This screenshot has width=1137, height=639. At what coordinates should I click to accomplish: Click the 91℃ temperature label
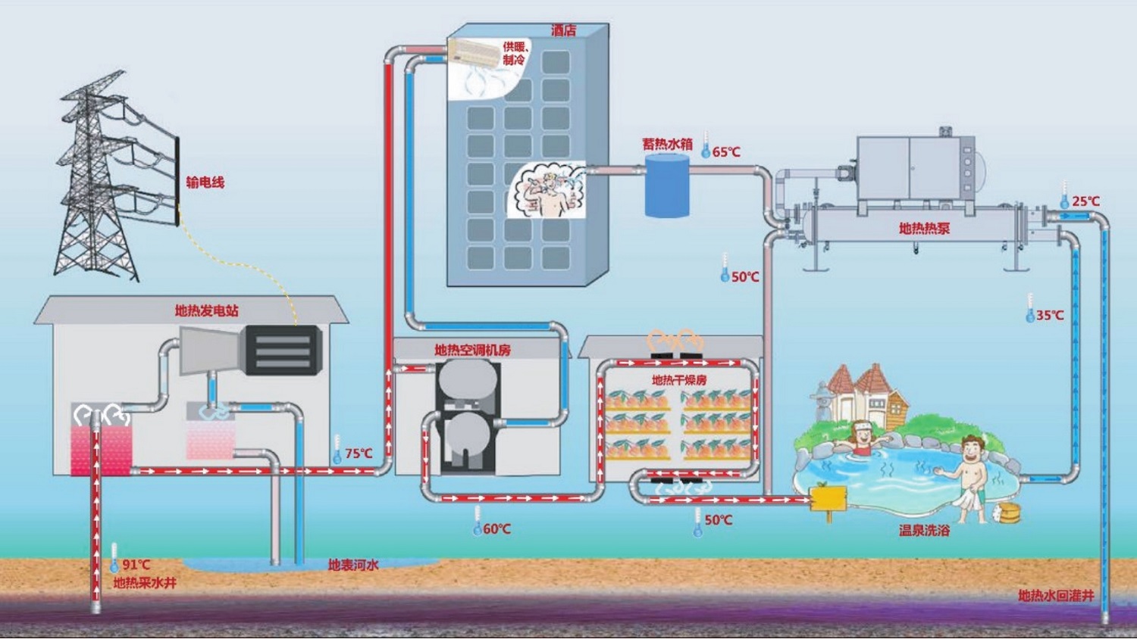click(x=136, y=565)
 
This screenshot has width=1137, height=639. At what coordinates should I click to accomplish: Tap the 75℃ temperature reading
click(x=359, y=454)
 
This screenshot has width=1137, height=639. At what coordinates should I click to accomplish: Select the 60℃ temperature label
click(x=497, y=529)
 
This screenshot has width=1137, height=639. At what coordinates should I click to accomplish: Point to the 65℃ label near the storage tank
click(x=726, y=151)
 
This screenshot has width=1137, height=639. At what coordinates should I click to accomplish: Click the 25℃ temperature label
click(x=1085, y=201)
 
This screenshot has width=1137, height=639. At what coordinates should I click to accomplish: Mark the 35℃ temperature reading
click(x=1050, y=315)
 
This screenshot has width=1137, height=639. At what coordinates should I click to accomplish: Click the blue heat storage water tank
click(x=667, y=185)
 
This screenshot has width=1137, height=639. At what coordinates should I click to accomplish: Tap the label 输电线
click(x=205, y=182)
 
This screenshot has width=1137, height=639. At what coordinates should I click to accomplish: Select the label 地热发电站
click(x=207, y=310)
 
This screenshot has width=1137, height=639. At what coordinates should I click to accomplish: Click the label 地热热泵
click(x=924, y=228)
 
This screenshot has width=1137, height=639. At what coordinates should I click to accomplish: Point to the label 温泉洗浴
click(x=924, y=531)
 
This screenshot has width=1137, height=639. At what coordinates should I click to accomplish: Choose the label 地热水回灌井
click(x=1057, y=595)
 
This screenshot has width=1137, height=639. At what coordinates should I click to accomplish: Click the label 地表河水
click(x=353, y=565)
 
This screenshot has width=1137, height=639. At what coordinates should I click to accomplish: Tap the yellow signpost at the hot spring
click(x=828, y=500)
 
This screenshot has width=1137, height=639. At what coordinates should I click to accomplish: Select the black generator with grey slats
click(x=282, y=351)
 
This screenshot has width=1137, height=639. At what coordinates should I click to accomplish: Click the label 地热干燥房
click(x=679, y=380)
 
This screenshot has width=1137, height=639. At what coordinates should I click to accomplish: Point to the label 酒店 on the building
click(x=564, y=30)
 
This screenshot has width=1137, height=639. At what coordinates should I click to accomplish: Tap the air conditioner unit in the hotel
click(x=472, y=52)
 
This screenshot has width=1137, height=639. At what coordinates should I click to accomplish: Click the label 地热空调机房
click(x=472, y=350)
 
